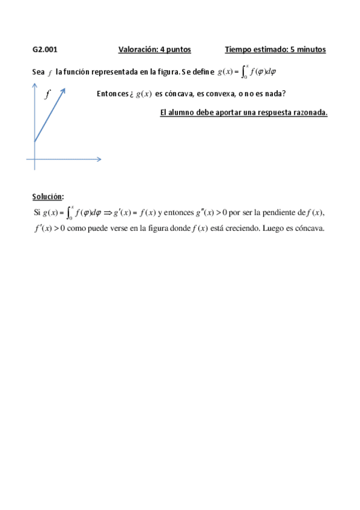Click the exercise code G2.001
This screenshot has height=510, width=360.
coord(45,50)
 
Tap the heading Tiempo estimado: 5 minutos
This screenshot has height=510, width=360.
coord(275,50)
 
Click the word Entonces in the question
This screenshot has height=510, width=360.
coord(111,94)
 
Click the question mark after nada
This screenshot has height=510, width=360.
coord(284,94)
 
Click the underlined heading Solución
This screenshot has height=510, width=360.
coord(48,197)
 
